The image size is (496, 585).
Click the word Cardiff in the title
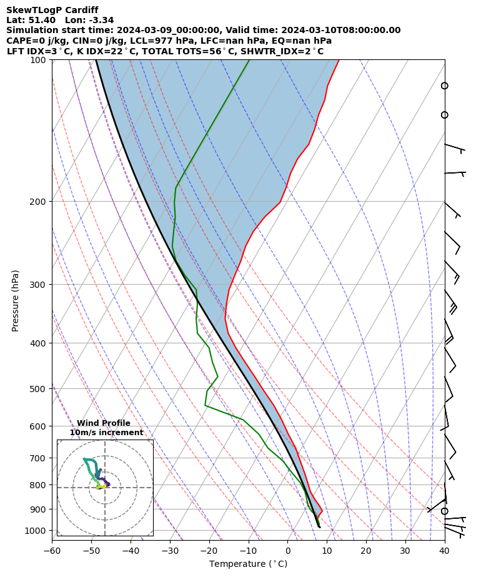(81, 10)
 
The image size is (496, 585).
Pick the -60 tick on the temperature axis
(52, 551)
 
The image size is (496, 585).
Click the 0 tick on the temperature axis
(288, 551)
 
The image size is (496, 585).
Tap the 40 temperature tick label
(445, 551)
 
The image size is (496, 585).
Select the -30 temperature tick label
(170, 551)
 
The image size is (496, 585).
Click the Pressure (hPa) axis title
(16, 300)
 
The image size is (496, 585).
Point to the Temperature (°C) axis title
(248, 564)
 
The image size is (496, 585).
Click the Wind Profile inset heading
(104, 423)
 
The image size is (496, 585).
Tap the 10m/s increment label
(106, 433)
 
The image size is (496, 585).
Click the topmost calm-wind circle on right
(445, 86)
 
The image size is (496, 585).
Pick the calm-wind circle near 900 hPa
(445, 511)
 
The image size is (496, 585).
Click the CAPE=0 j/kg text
(31, 41)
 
